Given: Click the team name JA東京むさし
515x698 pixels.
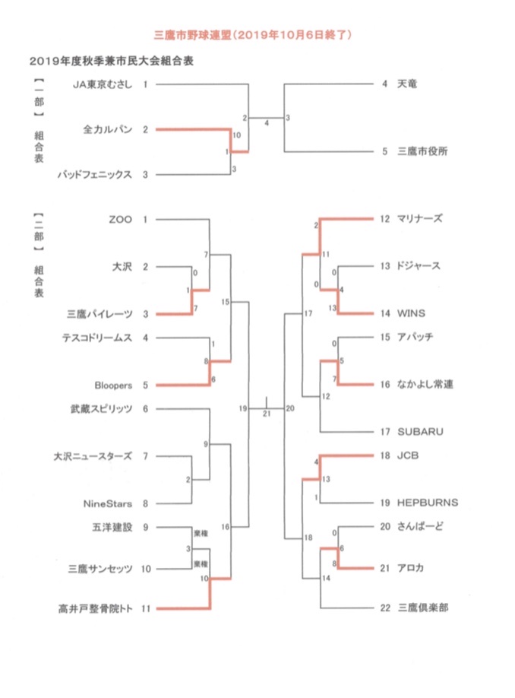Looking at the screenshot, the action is coord(103,84).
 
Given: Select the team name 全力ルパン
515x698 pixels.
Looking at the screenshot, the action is coord(108,129).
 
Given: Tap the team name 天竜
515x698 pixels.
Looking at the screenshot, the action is coord(407,84).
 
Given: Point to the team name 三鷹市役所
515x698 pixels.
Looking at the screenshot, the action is coord(422,151).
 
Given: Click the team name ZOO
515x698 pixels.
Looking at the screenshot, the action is coord(121,220).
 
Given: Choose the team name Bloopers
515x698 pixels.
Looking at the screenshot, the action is coord(113,385).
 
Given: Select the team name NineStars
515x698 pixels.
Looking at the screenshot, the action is coord(108,504).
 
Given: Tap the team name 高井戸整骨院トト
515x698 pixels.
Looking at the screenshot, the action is coord(95,608).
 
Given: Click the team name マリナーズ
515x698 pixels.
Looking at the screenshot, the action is coord(420,218).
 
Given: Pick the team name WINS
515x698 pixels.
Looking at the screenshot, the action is coord(411,313).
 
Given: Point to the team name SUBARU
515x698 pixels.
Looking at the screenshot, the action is coord(420,432).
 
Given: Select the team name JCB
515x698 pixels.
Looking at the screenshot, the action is coord(408,455).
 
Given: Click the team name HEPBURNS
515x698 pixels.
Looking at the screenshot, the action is coord(428,503).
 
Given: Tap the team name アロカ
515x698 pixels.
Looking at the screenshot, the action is coord(410,568).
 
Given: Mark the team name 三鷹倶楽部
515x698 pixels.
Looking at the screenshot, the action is coord(422,608).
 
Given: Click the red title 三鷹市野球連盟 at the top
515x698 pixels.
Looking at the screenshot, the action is coord(192,35).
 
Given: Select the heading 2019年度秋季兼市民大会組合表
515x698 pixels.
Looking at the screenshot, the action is coord(112,61).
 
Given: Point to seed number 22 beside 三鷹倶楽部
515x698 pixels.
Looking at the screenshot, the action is coord(385,608).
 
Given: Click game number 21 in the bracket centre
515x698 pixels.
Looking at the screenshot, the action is coord(267,414).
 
